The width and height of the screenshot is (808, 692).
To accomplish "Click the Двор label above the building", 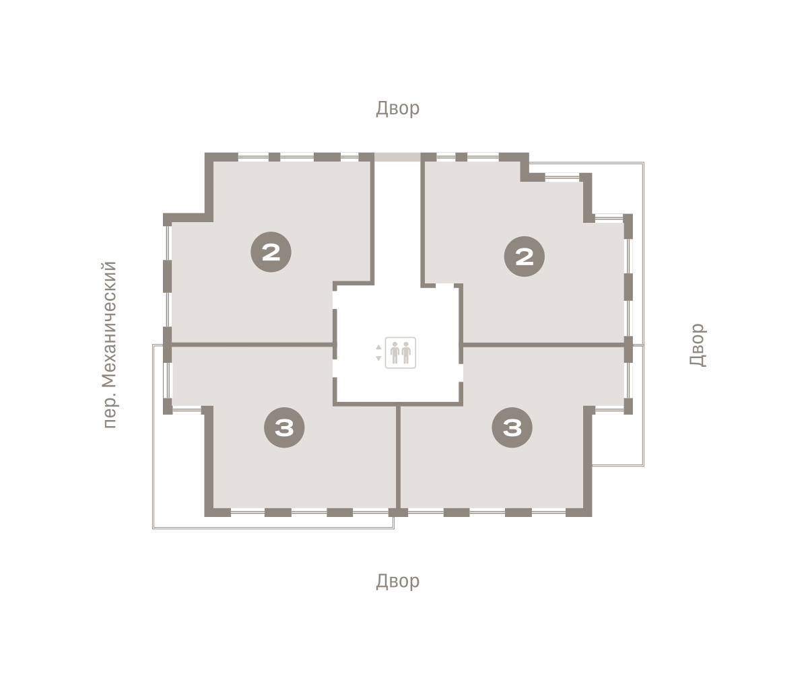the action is click(397, 108).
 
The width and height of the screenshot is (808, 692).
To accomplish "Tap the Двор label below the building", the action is click(397, 581).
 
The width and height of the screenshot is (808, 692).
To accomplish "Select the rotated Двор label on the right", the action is click(698, 345).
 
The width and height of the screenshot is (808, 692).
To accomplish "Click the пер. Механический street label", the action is click(109, 345).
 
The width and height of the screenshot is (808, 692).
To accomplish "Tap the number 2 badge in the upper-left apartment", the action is click(271, 252).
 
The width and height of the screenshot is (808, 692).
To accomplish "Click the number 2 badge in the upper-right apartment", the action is click(525, 256).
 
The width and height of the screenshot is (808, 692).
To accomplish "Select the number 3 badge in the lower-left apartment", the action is click(284, 427).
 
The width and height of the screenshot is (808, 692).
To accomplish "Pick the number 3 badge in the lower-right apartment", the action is click(512, 427).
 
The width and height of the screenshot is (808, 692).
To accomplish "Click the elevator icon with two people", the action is click(400, 353).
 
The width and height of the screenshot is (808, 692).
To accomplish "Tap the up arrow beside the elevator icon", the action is click(378, 347).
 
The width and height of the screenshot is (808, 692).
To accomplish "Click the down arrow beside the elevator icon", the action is click(378, 358).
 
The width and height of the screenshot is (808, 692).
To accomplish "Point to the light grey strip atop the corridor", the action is click(397, 157).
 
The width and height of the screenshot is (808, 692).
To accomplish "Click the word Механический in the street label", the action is click(109, 324).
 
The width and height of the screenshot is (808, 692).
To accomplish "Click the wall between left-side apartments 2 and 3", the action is click(252, 345).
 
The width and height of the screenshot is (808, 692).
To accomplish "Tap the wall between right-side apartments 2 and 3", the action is click(543, 345).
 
